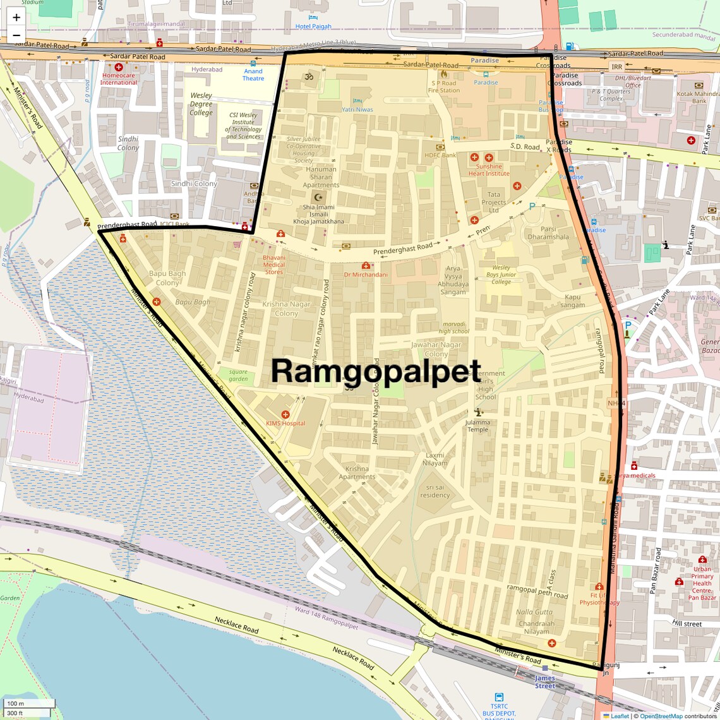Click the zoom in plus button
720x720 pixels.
click(x=16, y=17)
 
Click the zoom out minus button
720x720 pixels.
click(x=16, y=35)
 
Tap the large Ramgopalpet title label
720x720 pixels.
click(x=376, y=371)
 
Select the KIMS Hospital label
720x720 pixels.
click(x=285, y=423)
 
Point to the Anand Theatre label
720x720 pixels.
click(x=253, y=75)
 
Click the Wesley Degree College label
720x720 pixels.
click(x=201, y=104)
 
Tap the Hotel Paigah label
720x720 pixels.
click(x=313, y=27)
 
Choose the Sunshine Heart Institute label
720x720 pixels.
click(x=489, y=170)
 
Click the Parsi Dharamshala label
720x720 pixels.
click(x=548, y=233)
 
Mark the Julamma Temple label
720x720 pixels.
click(x=477, y=426)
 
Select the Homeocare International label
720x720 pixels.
click(x=119, y=79)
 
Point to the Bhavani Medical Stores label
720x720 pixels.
click(x=274, y=265)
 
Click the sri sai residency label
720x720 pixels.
click(x=435, y=491)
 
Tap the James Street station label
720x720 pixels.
click(x=544, y=682)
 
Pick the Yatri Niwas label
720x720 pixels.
click(x=357, y=109)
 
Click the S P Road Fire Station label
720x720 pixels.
click(x=444, y=87)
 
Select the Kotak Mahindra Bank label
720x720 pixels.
click(x=699, y=97)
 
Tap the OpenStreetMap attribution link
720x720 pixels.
click(x=661, y=716)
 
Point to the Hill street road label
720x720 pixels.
click(x=687, y=623)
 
